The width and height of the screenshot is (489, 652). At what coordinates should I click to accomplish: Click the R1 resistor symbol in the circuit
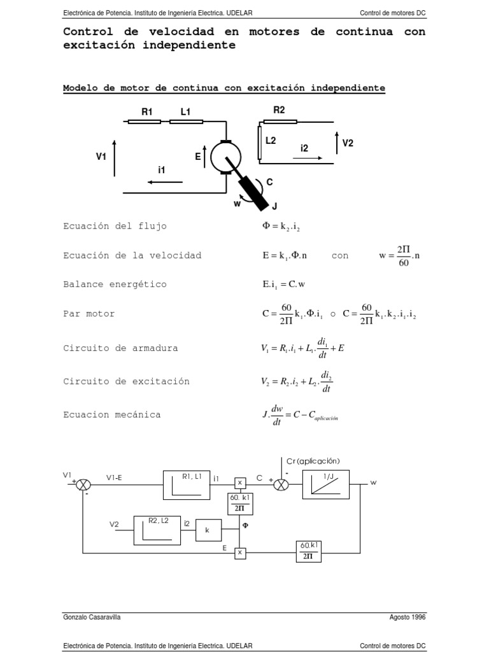point(144,121)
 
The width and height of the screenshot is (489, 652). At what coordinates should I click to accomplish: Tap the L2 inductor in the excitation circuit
point(259,142)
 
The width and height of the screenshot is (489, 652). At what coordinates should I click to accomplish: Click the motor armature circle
point(223,155)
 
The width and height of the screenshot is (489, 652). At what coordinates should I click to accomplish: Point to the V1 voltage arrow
point(114,156)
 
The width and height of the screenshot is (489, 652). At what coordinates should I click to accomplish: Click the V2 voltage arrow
point(336,143)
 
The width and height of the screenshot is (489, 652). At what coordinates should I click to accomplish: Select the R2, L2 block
point(157,528)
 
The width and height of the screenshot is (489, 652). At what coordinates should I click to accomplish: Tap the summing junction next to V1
point(83,485)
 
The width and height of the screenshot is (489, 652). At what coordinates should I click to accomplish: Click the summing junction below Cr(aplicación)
point(281,485)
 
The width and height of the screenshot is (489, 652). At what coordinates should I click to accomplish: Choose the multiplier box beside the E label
point(240,553)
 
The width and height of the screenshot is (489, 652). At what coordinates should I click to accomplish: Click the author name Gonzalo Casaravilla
point(92,617)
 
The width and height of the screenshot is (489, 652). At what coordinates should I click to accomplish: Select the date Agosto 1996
point(407,617)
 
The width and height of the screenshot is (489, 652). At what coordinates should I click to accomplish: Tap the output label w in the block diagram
point(374,483)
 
